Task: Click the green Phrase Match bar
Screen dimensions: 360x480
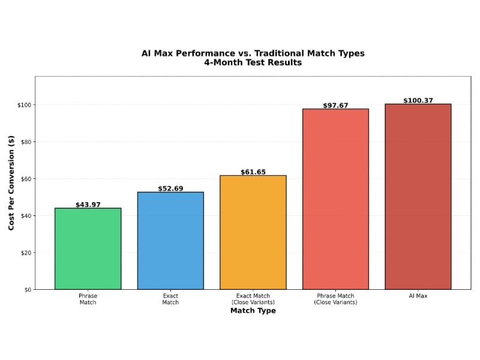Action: coord(88,248)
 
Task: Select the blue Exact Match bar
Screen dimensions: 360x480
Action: coord(170,241)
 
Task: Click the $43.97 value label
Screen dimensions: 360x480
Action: coord(88,205)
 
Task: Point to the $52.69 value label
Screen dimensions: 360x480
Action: coord(170,188)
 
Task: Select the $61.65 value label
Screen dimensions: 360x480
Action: coord(253,172)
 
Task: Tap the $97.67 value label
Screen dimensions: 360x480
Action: coord(335,106)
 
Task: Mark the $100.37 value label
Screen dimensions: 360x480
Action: coord(418,101)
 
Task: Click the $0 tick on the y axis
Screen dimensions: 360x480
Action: coord(27,289)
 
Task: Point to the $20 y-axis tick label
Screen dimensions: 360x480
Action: coord(25,253)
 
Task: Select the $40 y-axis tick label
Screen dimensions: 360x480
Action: coord(25,215)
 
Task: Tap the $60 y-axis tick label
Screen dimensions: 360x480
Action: coord(25,179)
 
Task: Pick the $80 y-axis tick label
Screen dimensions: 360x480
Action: coord(25,142)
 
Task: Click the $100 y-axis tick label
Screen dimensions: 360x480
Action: coord(24,105)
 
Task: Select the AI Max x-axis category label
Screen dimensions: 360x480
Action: coord(418,296)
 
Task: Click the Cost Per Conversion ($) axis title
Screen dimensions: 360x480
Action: coord(11,182)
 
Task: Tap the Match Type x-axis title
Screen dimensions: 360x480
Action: coord(253,311)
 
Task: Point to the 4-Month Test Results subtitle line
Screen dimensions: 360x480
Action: coord(253,62)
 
